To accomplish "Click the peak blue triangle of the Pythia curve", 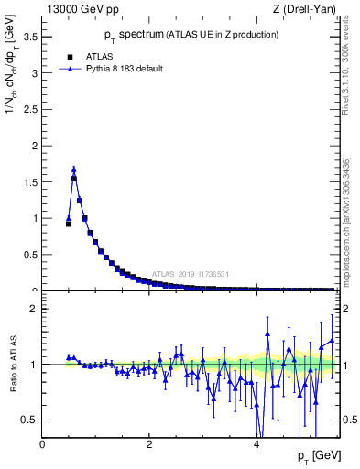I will (73, 169).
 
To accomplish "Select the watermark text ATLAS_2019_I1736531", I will (191, 274).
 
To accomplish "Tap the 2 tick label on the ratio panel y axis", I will (34, 309).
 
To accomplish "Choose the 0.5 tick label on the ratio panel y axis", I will (30, 420).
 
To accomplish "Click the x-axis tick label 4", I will (256, 443).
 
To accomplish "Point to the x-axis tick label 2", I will (149, 443).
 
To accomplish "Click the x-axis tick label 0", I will (42, 443).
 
